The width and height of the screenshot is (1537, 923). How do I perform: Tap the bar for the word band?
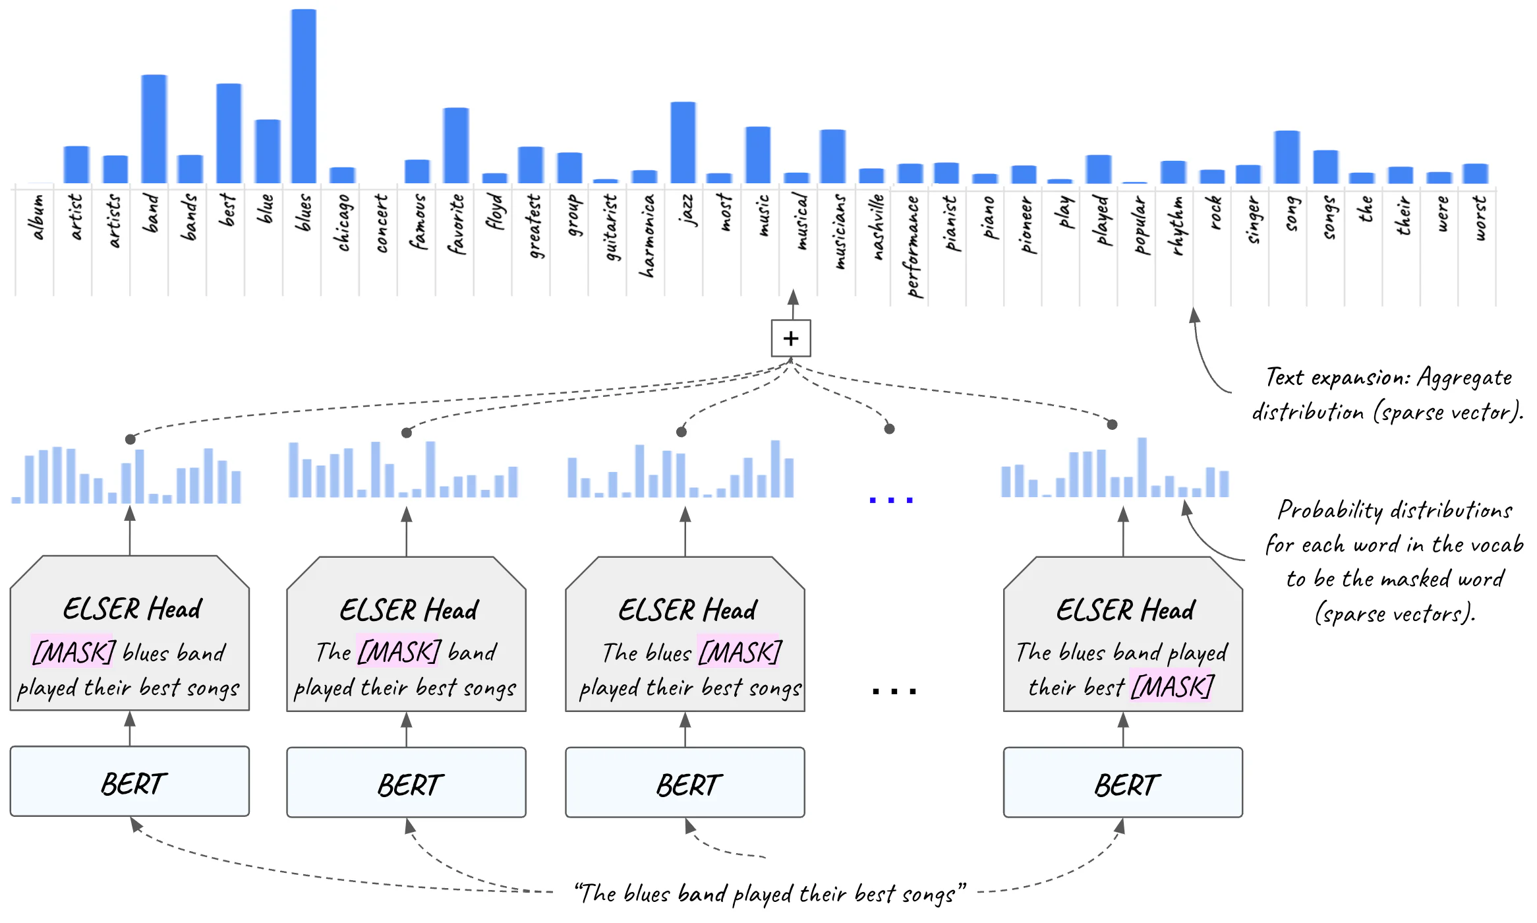[x=154, y=129]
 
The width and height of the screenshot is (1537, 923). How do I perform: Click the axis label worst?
[x=1479, y=218]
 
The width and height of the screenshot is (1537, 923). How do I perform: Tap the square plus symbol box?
[x=790, y=338]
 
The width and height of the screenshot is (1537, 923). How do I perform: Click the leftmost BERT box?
[x=129, y=782]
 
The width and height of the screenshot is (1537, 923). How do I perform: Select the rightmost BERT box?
[x=1122, y=783]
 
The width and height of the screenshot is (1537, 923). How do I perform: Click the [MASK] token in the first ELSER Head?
[x=73, y=652]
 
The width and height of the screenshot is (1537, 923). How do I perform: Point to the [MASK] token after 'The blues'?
[x=739, y=652]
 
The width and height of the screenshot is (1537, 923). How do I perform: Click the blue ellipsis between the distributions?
[x=890, y=500]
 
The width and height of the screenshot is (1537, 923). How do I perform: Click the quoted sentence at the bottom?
[x=768, y=893]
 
